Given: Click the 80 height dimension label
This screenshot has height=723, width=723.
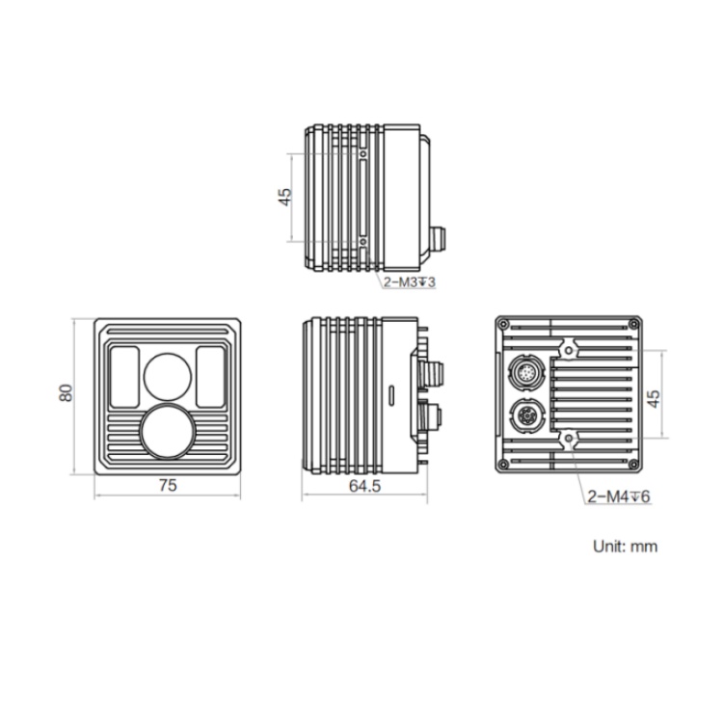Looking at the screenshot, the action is coord(66,393).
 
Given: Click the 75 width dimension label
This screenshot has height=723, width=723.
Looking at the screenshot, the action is coord(168,486).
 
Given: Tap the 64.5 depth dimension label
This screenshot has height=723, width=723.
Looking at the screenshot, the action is coord(364,486).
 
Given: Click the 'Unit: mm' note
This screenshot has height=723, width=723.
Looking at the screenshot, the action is coord(626,547).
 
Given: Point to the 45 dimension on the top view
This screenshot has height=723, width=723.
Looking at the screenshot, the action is coord(285,197).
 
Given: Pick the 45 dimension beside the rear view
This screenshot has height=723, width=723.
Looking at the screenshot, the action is coord(654,399).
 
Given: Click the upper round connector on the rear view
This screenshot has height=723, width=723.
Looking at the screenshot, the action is coord(526,372).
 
